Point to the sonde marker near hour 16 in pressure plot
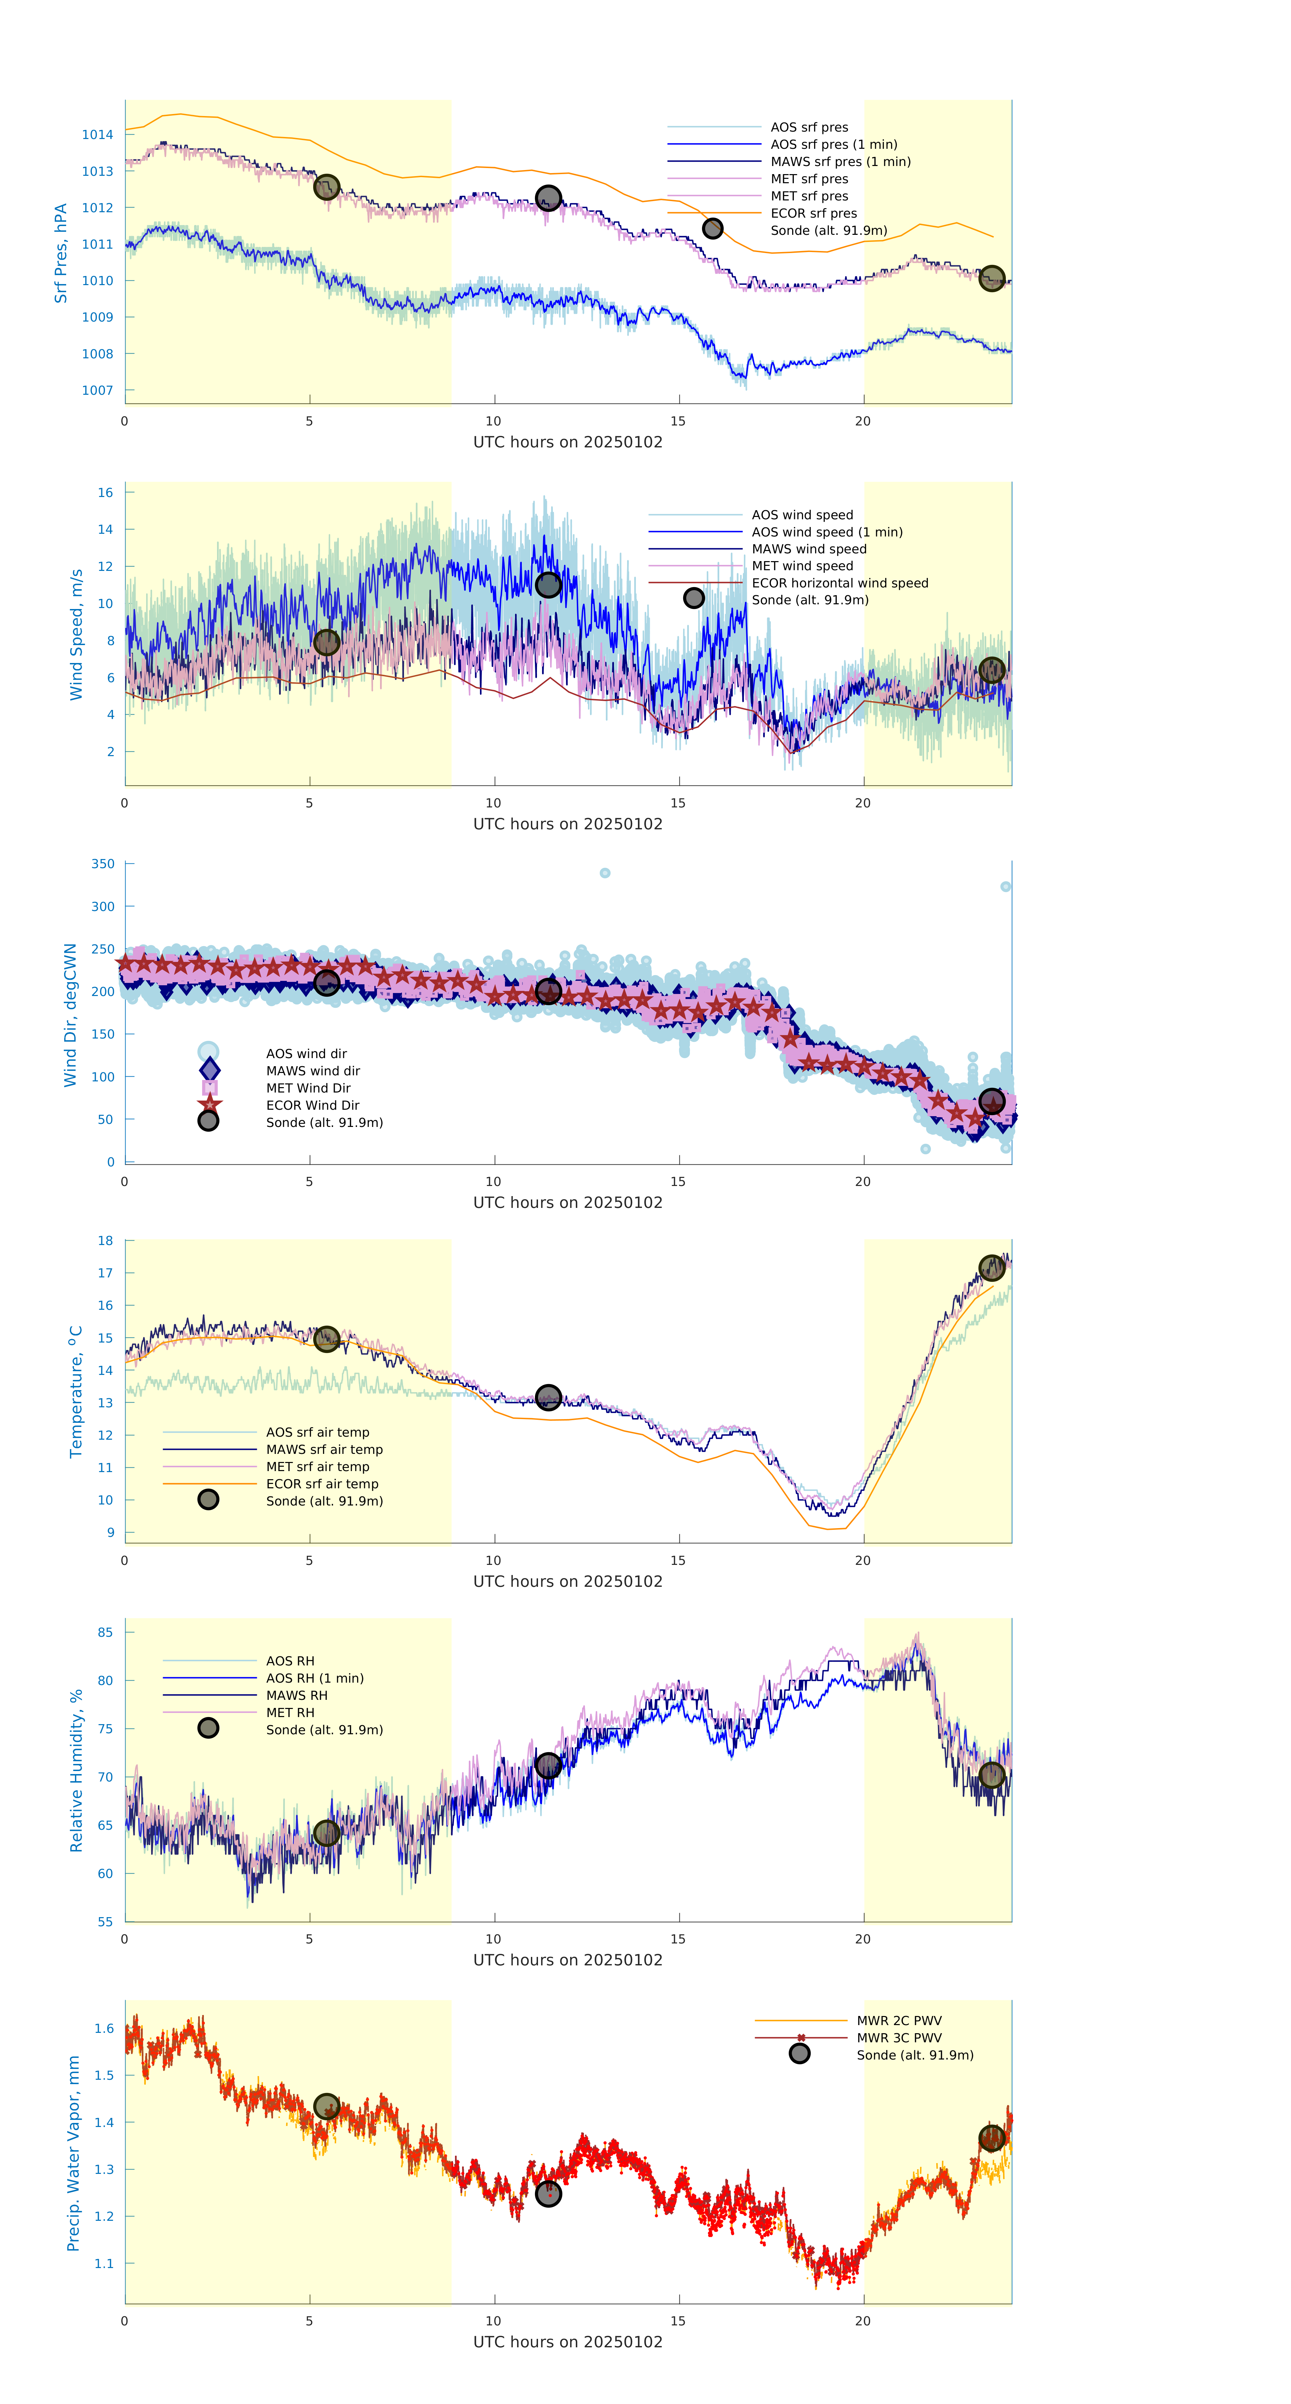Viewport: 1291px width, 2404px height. point(712,229)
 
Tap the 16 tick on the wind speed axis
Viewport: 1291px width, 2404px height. point(106,493)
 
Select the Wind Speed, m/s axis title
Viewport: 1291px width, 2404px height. point(77,635)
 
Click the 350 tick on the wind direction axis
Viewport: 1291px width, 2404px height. point(103,864)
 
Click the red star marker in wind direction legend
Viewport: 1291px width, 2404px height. point(209,1105)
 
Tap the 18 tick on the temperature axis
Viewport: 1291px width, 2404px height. point(106,1241)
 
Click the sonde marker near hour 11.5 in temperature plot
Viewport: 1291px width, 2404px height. point(548,1397)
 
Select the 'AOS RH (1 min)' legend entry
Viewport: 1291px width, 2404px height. point(315,1678)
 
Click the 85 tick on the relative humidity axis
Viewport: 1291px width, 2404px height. point(106,1632)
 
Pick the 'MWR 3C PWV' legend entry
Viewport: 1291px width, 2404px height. point(899,2038)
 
